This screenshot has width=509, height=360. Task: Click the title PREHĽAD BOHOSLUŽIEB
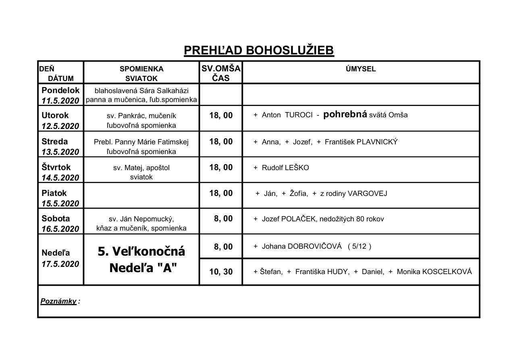[259, 50]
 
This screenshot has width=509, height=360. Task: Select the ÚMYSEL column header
[361, 69]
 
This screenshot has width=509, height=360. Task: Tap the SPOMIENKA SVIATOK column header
[141, 73]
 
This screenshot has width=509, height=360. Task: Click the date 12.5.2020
[60, 126]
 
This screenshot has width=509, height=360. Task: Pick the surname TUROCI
[299, 115]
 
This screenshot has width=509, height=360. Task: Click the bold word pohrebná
[345, 114]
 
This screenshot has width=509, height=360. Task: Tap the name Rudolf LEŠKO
[285, 168]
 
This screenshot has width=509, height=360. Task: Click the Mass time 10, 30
[221, 272]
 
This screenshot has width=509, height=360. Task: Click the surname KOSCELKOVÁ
[447, 272]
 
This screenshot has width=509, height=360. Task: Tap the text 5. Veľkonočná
[141, 251]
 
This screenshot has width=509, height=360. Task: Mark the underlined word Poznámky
[58, 301]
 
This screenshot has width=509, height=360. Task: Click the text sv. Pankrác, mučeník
[141, 116]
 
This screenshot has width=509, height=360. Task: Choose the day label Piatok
[54, 193]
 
